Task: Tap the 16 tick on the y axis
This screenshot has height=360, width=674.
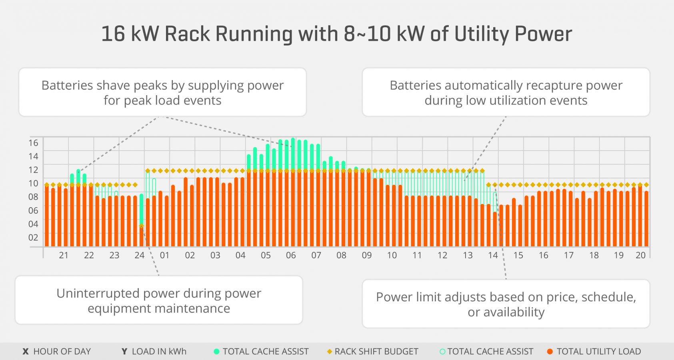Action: [x=33, y=143]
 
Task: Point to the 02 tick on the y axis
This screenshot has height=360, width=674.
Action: [x=33, y=238]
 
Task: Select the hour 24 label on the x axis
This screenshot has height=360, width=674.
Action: [x=139, y=255]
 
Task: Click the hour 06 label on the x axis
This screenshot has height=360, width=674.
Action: [x=291, y=255]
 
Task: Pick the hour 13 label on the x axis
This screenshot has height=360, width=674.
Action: [x=468, y=255]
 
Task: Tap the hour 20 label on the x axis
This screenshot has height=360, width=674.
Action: [x=640, y=255]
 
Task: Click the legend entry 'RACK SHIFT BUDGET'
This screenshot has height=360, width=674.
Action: [x=376, y=352]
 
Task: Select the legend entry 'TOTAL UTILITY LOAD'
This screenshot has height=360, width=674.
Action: [x=598, y=352]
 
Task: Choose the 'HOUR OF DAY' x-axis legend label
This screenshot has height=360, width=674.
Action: [x=62, y=352]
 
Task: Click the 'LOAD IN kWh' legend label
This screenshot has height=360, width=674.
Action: [x=159, y=352]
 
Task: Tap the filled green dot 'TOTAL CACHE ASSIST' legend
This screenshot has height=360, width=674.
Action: [x=217, y=352]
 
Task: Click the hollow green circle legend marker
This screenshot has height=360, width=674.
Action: [x=442, y=352]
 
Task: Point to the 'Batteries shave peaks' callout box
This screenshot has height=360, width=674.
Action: [x=162, y=92]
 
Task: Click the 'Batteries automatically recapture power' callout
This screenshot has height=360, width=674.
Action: [x=506, y=92]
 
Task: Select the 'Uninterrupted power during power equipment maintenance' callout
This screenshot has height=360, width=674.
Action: [x=159, y=300]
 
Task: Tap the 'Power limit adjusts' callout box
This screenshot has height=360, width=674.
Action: [x=506, y=304]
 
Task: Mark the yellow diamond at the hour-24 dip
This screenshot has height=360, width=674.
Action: [x=141, y=226]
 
